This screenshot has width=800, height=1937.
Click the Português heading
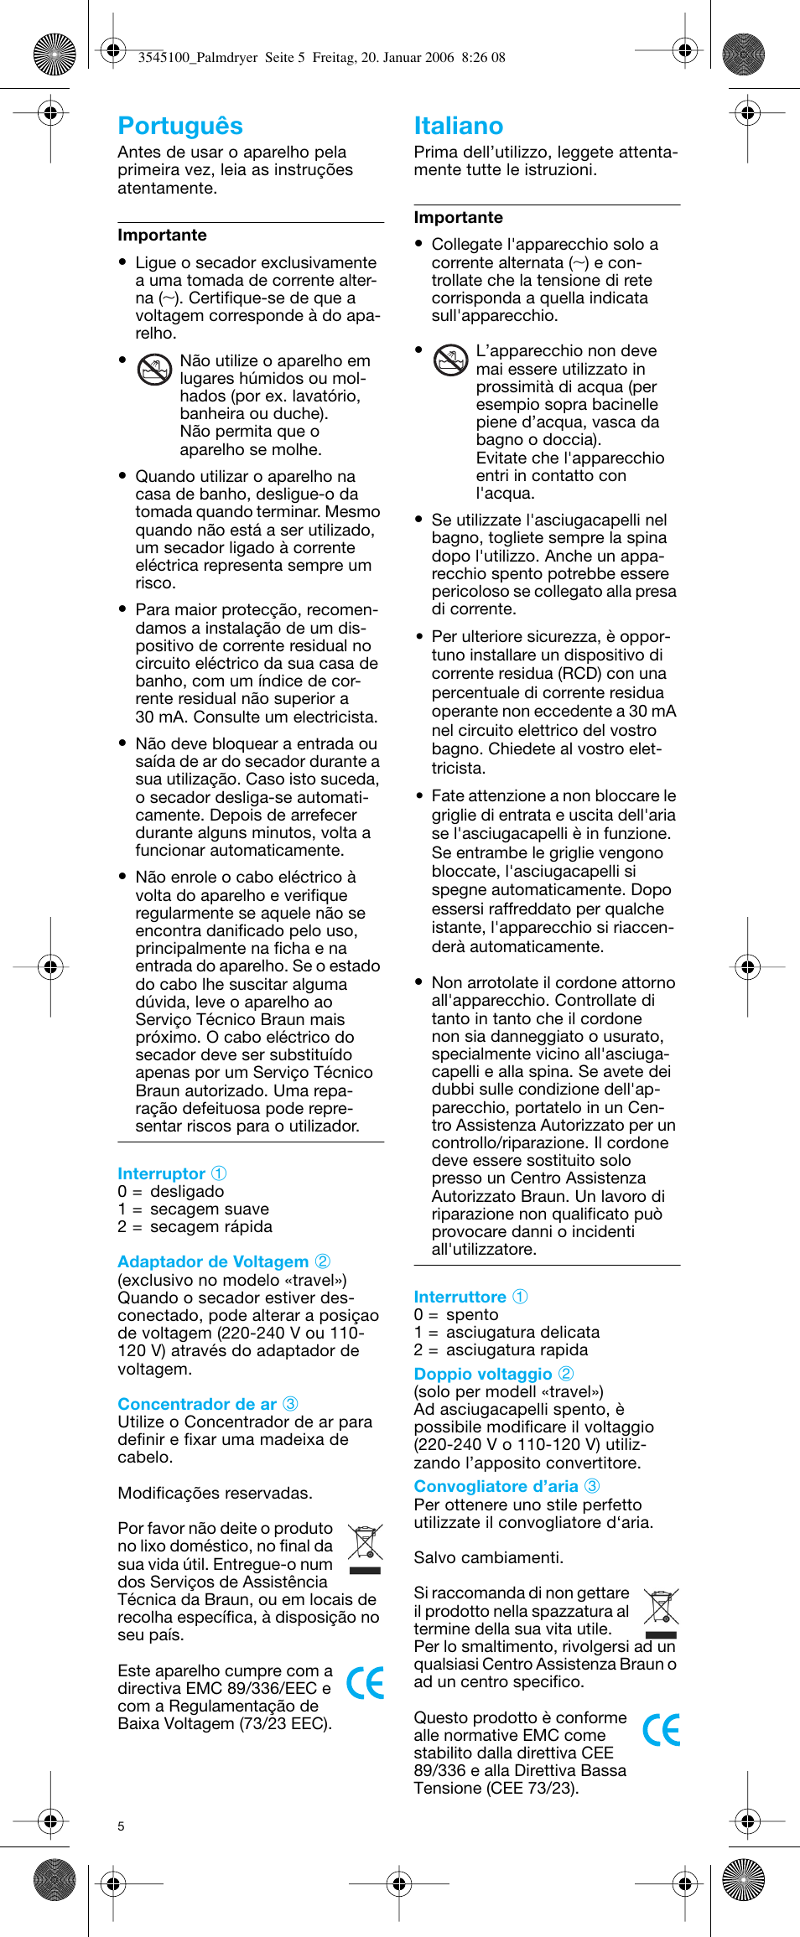click(180, 126)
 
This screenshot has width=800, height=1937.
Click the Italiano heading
click(458, 126)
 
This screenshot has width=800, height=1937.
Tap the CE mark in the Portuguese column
click(365, 1682)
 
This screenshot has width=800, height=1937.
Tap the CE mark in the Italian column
click(661, 1730)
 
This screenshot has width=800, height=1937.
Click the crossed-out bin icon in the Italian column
click(661, 1608)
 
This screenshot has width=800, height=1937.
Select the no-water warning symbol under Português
click(154, 370)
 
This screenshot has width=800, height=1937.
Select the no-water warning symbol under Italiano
click(450, 360)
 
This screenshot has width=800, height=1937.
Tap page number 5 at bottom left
click(122, 1826)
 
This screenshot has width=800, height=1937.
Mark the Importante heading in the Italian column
click(458, 218)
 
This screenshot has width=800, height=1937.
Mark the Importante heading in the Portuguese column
click(162, 236)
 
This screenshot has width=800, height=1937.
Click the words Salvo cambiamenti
click(488, 1557)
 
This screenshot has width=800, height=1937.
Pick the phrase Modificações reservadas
click(215, 1493)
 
